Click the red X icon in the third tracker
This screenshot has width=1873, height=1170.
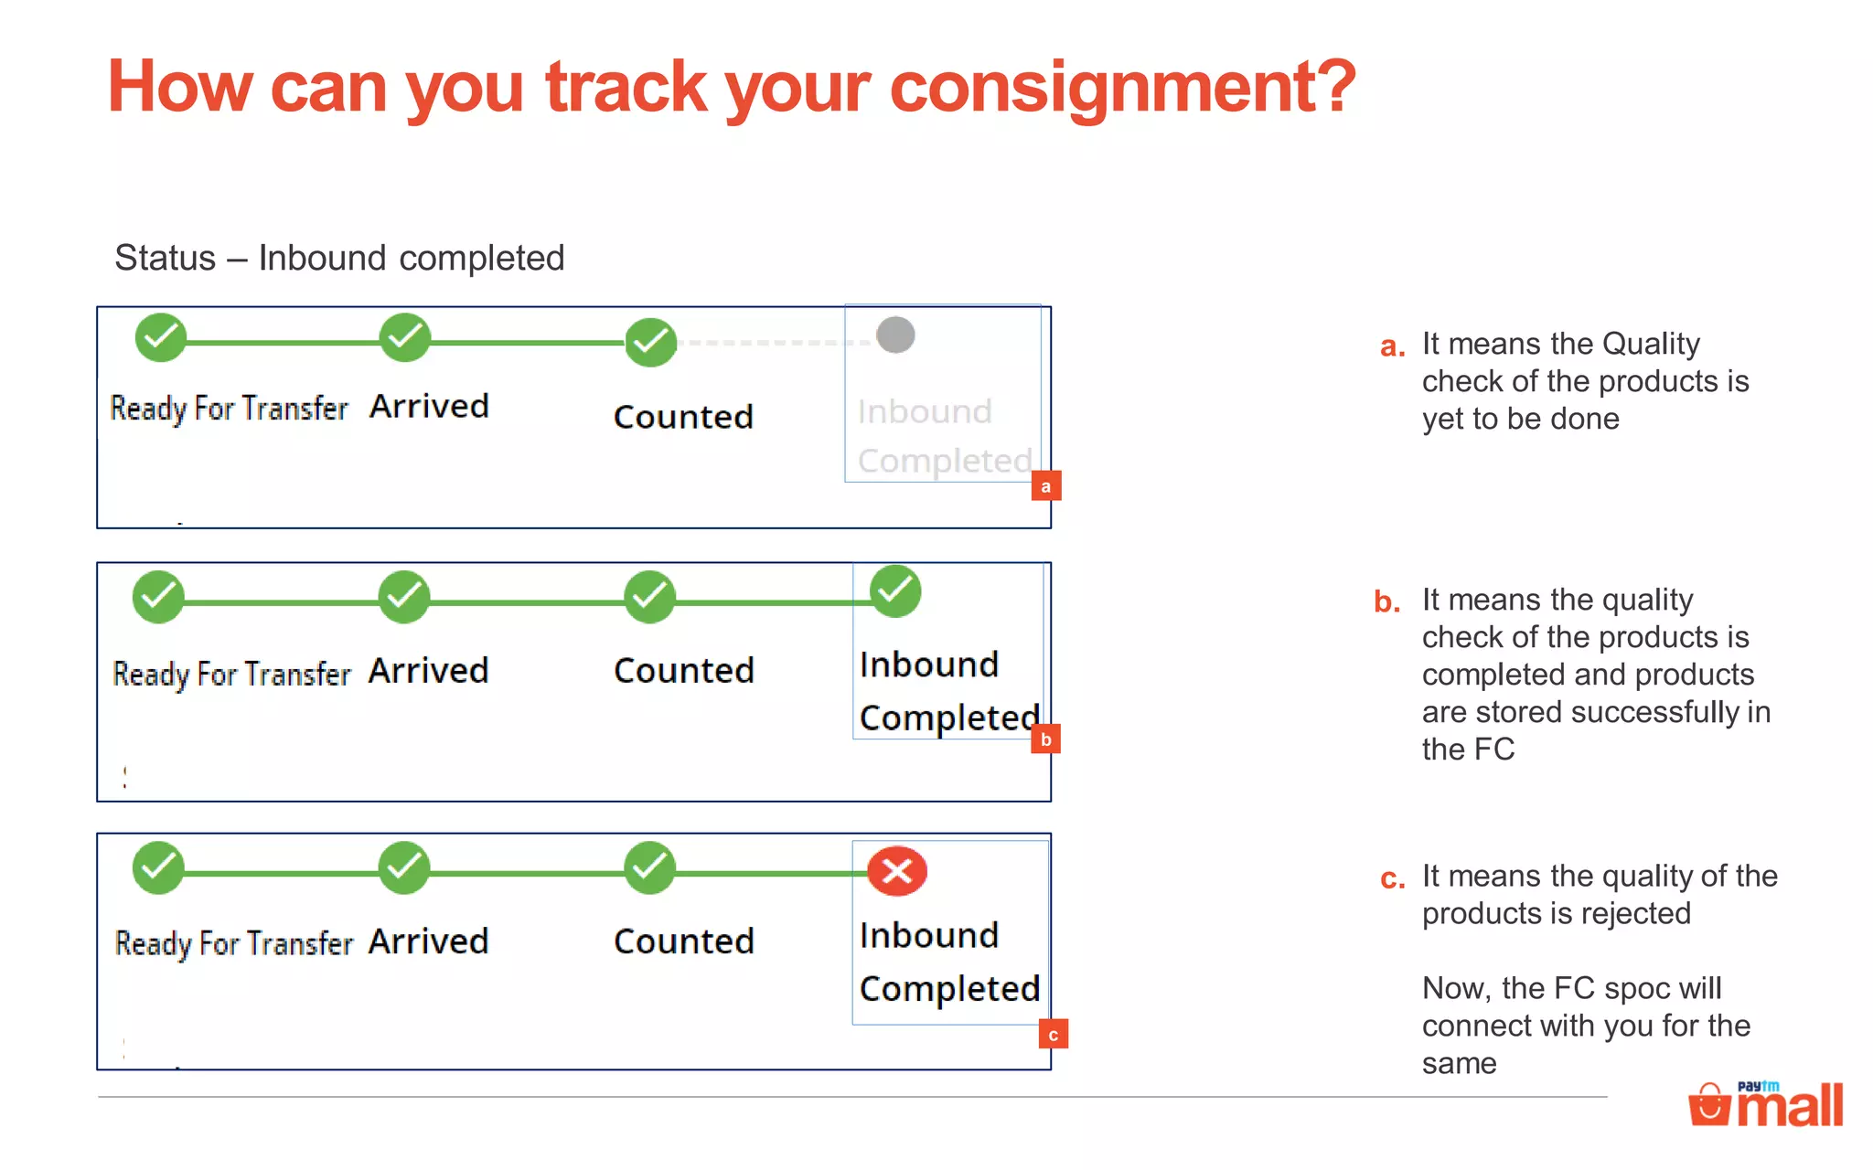pos(896,871)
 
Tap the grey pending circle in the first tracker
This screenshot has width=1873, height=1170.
pos(895,335)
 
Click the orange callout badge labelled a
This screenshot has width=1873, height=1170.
pos(1046,485)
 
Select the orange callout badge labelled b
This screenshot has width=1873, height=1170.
pos(1045,739)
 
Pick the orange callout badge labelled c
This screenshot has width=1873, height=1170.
pos(1054,1034)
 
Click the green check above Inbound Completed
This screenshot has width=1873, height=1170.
pos(895,591)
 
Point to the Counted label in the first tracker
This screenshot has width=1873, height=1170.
pos(683,417)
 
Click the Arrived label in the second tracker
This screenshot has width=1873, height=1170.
pos(428,671)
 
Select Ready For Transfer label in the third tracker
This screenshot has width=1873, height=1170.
pos(234,943)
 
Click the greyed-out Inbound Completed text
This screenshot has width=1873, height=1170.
pos(944,436)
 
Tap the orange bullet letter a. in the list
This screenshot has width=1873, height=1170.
pos(1392,346)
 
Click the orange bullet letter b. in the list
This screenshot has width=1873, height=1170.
pos(1387,602)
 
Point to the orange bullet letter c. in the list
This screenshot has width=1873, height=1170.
pos(1392,879)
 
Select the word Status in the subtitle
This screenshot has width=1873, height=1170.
pos(165,258)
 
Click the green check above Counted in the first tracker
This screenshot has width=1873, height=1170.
pos(650,343)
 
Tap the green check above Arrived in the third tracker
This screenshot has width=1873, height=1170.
pos(404,867)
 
